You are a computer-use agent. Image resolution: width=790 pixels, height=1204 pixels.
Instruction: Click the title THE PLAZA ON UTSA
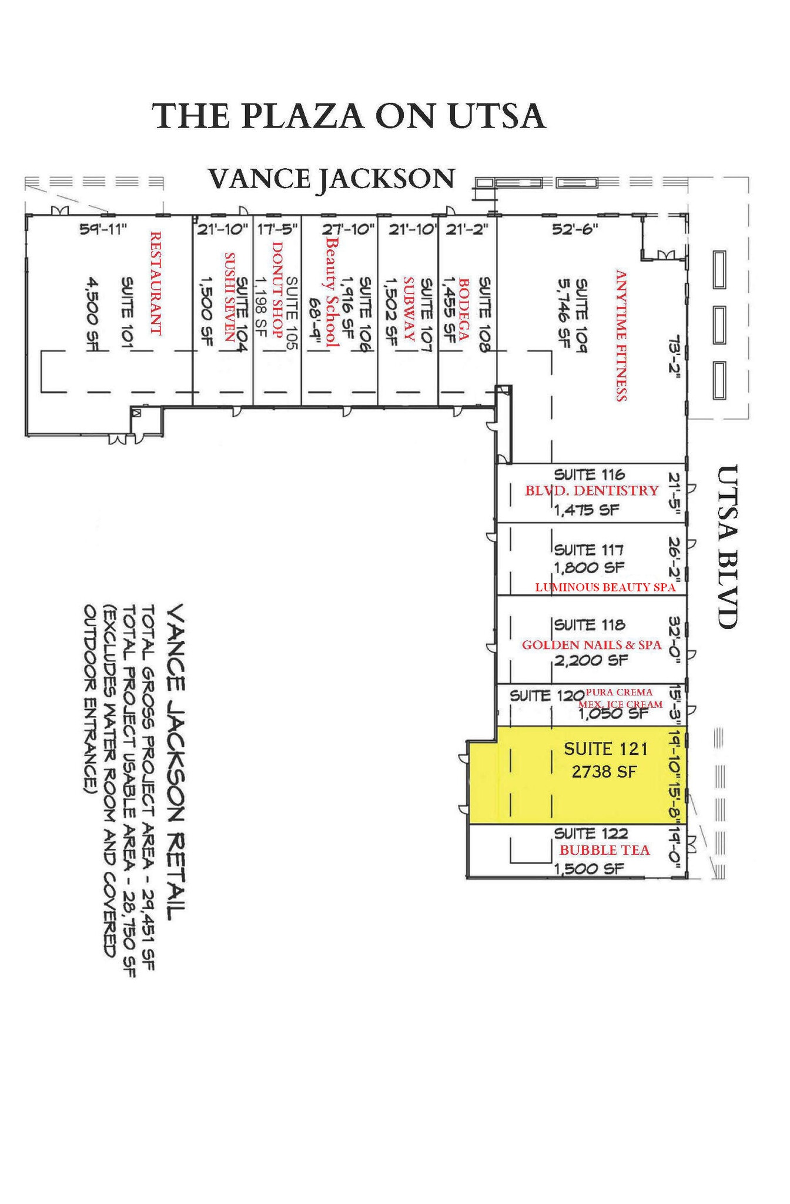coord(349,116)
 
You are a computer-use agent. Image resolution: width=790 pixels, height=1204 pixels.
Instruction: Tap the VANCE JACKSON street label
coord(332,178)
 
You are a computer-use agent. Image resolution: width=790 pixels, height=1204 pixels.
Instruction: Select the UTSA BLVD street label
coord(728,547)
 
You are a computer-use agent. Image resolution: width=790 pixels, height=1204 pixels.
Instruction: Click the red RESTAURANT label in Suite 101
coord(155,283)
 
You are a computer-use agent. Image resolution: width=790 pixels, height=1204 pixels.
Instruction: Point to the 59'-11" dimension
coord(103,229)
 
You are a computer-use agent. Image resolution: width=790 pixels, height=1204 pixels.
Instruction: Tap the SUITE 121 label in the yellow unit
coord(605,748)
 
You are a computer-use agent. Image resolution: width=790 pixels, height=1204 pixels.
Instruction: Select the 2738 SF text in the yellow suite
coord(604,771)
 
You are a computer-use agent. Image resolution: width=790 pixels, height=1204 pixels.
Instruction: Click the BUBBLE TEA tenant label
coord(604,850)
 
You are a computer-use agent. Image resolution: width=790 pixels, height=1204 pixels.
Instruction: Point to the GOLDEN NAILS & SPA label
coord(591,645)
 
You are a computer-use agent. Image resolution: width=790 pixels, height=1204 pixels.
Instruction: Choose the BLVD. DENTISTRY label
coord(591,491)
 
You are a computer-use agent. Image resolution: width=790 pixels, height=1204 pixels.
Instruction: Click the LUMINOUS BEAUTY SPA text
coord(605,587)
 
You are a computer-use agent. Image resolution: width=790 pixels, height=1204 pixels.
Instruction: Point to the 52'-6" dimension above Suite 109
coord(575,229)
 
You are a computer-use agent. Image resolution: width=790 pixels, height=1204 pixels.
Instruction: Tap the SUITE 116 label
coord(589,474)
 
